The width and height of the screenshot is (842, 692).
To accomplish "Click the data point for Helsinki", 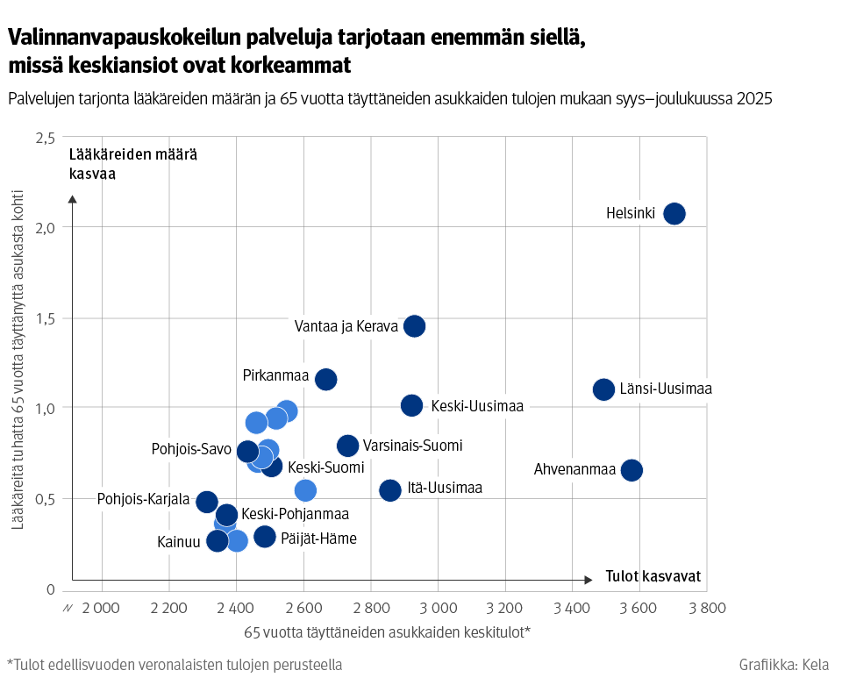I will (674, 213).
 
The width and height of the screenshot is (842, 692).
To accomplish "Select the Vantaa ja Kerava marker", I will (414, 326).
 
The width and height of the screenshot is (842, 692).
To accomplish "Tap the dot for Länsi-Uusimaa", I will (603, 389).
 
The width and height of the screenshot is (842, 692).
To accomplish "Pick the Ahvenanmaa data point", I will (631, 470).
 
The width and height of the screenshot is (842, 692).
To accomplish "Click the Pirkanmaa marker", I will (326, 379).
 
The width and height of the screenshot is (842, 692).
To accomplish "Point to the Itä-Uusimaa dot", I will (390, 489).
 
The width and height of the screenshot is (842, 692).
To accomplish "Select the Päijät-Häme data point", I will (265, 537).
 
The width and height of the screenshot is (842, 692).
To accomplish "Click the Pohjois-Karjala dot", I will (207, 502).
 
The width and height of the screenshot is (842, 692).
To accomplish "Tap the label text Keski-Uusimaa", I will (476, 406).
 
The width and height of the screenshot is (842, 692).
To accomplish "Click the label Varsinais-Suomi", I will (412, 446).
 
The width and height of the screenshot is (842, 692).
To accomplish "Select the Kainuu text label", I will (178, 541).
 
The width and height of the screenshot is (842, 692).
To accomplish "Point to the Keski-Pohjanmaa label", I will (295, 514).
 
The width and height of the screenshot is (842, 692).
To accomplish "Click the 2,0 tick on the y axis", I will (46, 227).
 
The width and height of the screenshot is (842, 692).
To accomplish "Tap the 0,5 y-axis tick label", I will (46, 499).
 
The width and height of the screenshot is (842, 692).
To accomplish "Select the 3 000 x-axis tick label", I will (437, 608).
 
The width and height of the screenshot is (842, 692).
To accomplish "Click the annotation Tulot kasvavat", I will (653, 576).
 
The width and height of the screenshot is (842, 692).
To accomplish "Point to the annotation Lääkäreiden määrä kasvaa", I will (132, 164).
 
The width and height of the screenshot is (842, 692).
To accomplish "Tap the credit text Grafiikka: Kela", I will (783, 665).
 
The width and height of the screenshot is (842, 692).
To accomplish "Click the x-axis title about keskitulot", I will (387, 631).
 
